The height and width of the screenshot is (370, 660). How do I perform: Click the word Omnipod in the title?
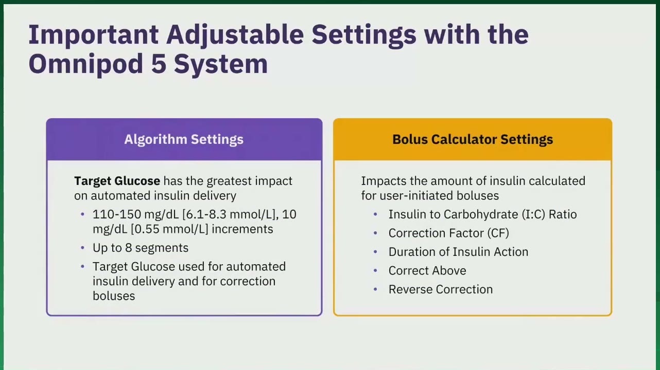[x=86, y=64]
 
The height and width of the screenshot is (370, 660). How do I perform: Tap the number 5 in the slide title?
[x=159, y=64]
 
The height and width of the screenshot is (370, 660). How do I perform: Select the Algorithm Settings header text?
[x=184, y=139]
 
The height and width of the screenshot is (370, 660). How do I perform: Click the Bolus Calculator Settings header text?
[x=473, y=139]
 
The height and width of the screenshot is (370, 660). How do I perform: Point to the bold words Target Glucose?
[x=117, y=181]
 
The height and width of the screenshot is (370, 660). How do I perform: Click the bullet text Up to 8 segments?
[x=140, y=248]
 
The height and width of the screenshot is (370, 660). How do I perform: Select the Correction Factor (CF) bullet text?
[x=448, y=233]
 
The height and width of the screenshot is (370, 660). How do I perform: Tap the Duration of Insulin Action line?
[x=458, y=252]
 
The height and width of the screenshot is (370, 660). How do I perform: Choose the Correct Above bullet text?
[x=427, y=271]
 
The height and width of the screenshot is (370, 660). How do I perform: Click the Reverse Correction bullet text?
[x=441, y=289]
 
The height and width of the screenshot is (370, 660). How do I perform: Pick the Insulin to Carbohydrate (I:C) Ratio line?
[x=482, y=214]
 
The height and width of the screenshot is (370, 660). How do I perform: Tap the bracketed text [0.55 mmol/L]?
[x=169, y=229]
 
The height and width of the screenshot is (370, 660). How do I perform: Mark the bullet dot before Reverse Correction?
[x=375, y=289]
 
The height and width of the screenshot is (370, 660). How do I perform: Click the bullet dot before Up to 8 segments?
[x=82, y=248]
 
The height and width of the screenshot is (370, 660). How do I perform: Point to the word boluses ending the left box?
[x=114, y=296]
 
